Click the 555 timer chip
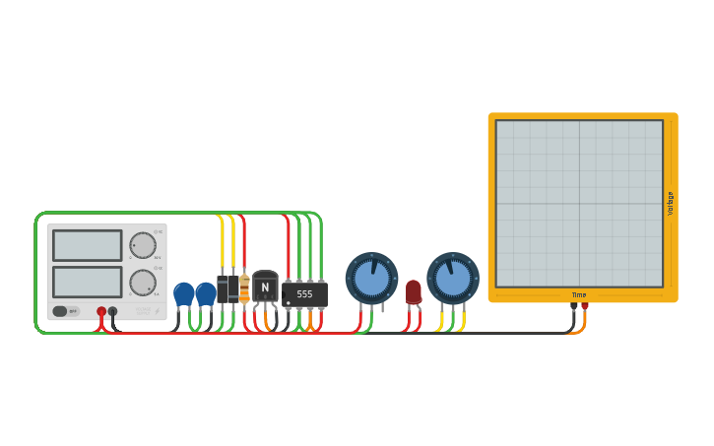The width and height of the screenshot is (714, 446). tap(305, 293)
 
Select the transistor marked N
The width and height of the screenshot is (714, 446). tap(265, 287)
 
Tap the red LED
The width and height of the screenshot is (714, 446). tap(414, 291)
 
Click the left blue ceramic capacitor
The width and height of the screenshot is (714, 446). tap(184, 293)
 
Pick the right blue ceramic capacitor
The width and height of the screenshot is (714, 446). tap(206, 293)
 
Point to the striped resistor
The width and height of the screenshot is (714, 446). tap(244, 288)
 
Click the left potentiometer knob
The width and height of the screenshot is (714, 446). tap(371, 279)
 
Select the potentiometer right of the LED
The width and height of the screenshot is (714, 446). tap(453, 279)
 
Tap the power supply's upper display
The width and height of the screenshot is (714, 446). tap(88, 245)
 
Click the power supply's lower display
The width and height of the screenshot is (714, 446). tap(88, 282)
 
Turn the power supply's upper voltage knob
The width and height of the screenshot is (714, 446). tap(143, 245)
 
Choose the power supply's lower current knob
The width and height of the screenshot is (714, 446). tap(143, 283)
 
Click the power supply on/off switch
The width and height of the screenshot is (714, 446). tap(66, 311)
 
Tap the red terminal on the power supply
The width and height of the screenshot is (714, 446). tap(101, 312)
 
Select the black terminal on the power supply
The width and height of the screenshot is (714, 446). tap(113, 312)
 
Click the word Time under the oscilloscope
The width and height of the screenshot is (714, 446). tap(579, 295)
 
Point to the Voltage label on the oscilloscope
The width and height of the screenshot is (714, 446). tap(671, 204)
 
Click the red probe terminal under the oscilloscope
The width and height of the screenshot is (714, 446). tap(585, 306)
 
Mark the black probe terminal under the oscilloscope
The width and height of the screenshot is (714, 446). tap(574, 306)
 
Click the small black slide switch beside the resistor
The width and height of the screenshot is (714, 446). tap(227, 288)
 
